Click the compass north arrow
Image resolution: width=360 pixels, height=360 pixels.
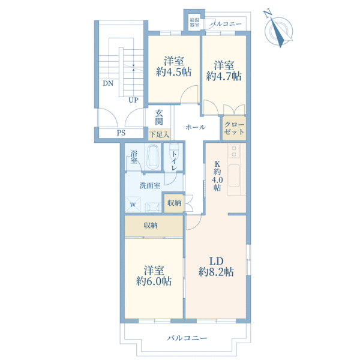278,32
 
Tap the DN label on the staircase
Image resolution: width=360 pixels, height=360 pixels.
108,83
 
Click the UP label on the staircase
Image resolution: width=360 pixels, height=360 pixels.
133,100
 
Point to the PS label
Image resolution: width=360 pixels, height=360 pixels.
121,133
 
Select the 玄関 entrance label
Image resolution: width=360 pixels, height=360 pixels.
159,117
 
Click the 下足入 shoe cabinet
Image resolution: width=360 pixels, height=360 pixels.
160,134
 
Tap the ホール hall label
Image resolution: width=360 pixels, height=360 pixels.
196,127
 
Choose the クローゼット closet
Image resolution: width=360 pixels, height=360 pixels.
234,128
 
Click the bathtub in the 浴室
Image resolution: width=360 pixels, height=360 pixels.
154,157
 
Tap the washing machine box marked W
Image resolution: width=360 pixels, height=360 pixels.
133,205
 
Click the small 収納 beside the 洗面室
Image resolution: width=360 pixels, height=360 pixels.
174,203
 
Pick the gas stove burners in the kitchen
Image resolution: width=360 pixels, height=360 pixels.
234,151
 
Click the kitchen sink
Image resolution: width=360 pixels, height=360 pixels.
234,176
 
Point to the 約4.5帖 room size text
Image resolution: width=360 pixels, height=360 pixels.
174,72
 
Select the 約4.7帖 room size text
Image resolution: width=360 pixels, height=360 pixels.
224,76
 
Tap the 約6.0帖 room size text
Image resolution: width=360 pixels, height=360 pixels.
154,281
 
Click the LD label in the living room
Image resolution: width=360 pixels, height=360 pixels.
216,261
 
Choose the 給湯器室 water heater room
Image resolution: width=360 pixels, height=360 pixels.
194,22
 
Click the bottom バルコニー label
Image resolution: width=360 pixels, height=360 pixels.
187,338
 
